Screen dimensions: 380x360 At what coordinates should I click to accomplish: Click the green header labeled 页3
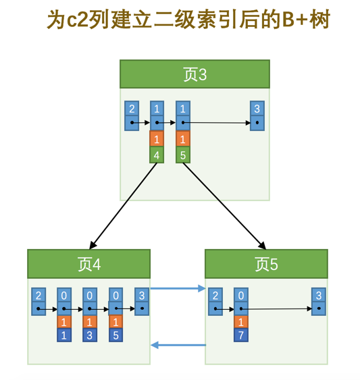[195, 74]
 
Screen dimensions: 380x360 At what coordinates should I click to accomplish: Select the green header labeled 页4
[88, 264]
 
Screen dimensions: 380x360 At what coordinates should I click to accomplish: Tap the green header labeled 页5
[266, 264]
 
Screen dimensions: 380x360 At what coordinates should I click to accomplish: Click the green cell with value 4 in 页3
[157, 155]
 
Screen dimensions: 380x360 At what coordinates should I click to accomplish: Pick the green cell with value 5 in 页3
[182, 155]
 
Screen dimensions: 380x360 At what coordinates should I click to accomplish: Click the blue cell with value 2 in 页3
[132, 109]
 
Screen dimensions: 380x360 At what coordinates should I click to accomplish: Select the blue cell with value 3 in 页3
[256, 109]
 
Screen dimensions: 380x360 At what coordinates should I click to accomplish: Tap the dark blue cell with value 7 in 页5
[240, 335]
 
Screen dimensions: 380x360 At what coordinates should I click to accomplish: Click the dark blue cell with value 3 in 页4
[90, 335]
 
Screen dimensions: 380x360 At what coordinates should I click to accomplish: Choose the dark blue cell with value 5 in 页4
[115, 335]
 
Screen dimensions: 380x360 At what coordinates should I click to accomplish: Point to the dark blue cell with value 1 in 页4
[64, 335]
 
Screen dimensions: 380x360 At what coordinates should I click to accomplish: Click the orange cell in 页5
[240, 322]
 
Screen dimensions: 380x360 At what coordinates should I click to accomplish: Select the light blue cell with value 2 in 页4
[38, 296]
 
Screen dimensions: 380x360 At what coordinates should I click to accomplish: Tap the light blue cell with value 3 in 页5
[318, 296]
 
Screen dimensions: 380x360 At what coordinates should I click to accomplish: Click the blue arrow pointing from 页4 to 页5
[177, 289]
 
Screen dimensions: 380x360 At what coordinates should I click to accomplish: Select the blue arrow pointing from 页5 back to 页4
[177, 345]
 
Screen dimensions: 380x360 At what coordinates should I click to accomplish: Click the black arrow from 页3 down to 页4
[123, 206]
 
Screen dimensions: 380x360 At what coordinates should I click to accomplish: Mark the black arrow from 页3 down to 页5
[224, 206]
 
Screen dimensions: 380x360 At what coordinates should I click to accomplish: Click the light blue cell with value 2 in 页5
[215, 296]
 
